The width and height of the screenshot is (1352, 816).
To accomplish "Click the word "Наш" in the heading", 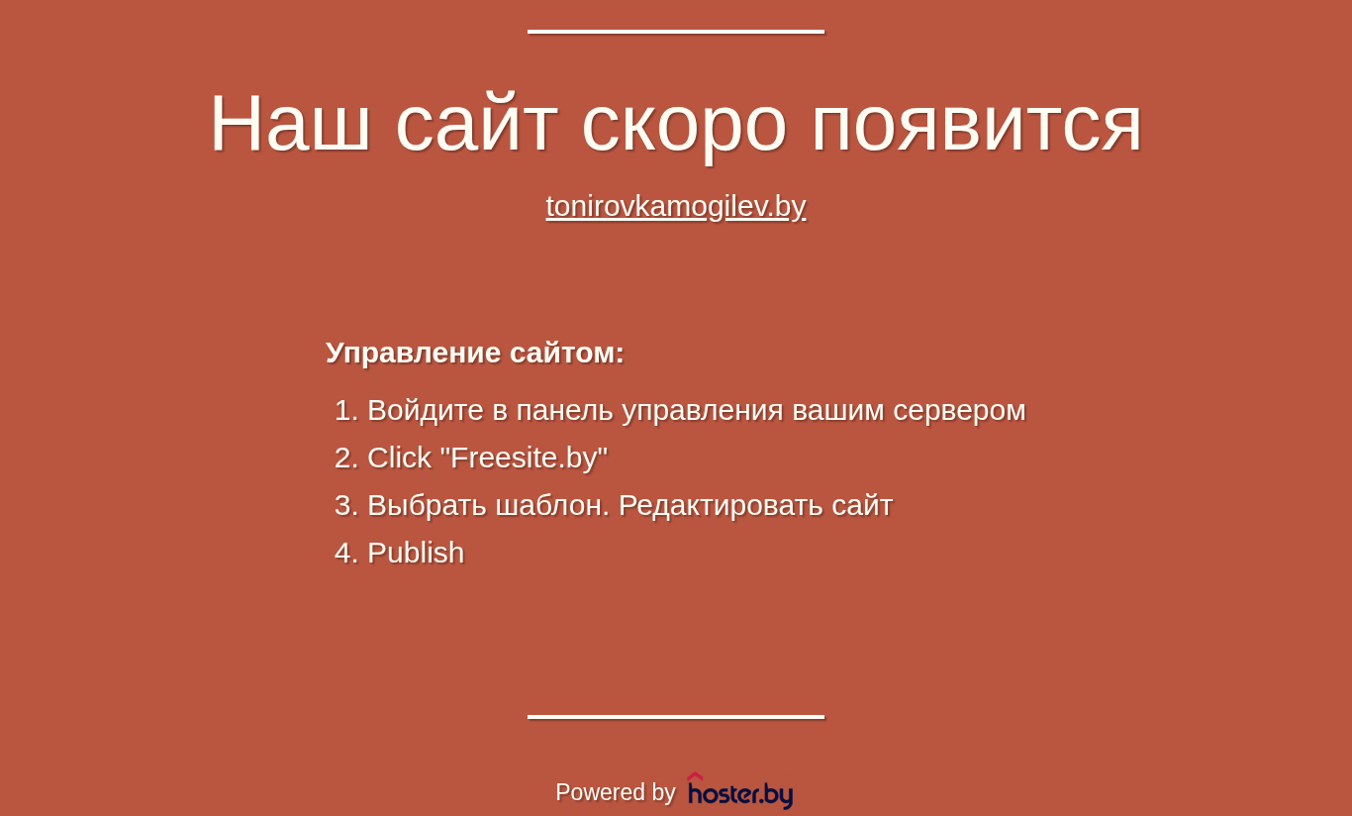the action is pos(290,123).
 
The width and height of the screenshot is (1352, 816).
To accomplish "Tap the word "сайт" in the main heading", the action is pos(476,123).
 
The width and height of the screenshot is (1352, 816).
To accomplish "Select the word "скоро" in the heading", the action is pos(684,127).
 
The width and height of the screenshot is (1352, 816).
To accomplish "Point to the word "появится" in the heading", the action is pos(977,127).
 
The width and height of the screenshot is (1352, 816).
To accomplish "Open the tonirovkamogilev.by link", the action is pos(676,207).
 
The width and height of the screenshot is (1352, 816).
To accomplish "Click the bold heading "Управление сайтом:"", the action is pos(475,353).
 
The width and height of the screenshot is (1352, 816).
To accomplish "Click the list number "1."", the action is pos(346,410).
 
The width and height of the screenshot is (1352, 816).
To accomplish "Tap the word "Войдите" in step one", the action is pos(426,411).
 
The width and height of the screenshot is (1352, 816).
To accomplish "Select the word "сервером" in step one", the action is pos(959,412).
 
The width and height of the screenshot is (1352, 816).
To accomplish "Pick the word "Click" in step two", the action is pos(400,458).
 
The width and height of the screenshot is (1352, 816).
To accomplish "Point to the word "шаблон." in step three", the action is pos(552,505).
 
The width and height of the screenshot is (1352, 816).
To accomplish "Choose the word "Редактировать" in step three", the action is pos(721,506).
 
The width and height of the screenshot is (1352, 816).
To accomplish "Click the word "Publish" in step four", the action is pos(416,553).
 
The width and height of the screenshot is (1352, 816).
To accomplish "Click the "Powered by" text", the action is pos(615,792).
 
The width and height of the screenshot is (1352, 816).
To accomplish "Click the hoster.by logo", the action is pos(740,790).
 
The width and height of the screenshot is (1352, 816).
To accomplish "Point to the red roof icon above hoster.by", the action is pos(695,776).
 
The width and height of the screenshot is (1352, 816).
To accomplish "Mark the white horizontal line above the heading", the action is pos(676,32).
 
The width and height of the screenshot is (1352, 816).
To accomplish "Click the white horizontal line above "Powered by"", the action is pos(676,717).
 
